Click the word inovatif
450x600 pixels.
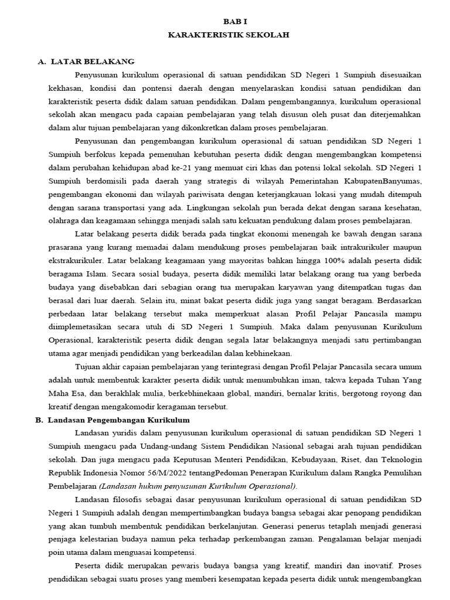pyautogui.click(x=377, y=567)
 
